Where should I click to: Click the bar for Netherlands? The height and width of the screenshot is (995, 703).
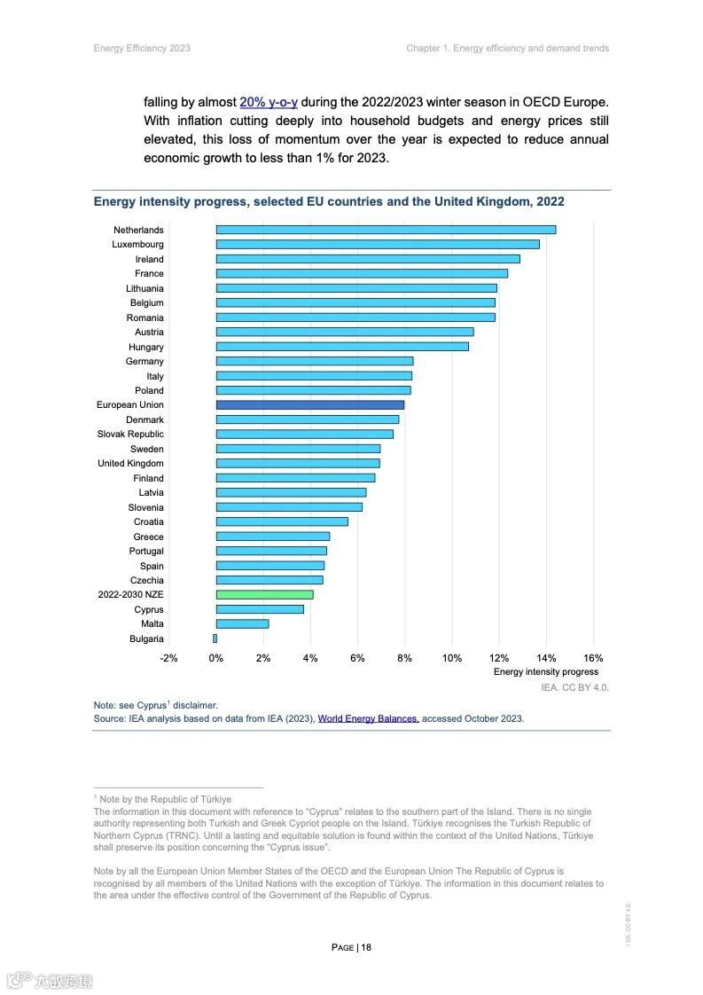386,230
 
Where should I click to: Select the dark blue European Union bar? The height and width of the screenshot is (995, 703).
310,405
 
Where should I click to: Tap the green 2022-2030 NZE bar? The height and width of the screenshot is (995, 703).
264,594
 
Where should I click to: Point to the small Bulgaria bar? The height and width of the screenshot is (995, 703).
215,639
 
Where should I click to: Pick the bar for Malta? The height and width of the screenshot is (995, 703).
242,623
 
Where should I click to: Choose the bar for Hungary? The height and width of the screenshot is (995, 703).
342,347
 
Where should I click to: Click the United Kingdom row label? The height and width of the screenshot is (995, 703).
130,464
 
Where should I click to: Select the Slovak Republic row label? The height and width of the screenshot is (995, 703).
130,435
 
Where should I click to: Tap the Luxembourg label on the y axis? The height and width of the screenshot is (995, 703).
137,245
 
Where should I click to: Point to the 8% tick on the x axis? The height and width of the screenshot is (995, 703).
405,658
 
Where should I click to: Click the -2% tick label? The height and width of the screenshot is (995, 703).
168,658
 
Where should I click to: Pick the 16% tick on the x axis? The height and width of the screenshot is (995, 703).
594,658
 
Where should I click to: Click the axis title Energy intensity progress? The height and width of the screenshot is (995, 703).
545,672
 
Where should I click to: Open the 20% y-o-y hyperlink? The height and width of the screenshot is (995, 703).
269,102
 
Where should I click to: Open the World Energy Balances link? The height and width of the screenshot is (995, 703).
368,718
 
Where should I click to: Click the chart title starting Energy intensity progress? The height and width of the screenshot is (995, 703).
329,202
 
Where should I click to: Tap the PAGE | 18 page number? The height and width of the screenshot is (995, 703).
351,947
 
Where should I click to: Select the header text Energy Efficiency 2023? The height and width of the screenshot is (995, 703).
142,48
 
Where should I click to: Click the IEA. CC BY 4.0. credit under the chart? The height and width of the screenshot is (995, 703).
575,687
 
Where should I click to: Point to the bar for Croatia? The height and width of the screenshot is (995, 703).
282,521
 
